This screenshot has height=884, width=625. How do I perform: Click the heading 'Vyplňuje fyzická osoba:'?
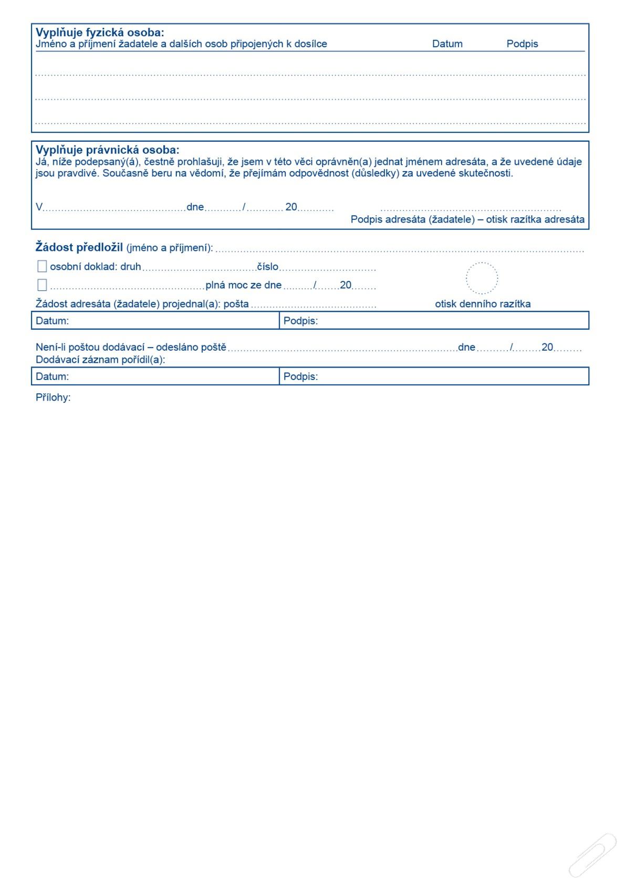pos(100,33)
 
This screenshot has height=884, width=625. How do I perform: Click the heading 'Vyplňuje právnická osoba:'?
pos(107,150)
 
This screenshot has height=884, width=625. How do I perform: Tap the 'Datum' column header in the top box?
pos(447,44)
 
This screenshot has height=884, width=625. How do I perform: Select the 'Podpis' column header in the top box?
pos(522,44)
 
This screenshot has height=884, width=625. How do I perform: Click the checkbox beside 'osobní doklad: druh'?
pos(42,267)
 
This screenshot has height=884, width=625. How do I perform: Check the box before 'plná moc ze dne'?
pos(42,285)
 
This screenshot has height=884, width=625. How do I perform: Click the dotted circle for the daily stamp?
pos(482,278)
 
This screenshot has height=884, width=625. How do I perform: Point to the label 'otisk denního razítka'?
pos(483,304)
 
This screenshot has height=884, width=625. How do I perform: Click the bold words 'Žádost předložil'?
pos(79,247)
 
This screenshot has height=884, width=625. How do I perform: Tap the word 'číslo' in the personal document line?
pos(267,267)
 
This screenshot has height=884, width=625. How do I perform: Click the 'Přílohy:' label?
pos(53,397)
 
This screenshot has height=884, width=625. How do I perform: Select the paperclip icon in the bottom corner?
pos(592,856)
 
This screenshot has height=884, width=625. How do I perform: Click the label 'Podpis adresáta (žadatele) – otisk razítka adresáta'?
pos(467,219)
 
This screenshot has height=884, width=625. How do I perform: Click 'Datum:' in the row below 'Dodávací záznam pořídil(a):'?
pos(52,376)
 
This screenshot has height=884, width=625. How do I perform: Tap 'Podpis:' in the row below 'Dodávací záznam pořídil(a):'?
pos(300,376)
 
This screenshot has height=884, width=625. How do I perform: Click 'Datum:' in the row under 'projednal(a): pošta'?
pos(52,321)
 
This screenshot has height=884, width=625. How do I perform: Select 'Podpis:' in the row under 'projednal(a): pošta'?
pos(300,321)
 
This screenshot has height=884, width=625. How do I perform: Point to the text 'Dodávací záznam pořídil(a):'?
pos(100,360)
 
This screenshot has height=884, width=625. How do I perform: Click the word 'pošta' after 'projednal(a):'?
pos(236,304)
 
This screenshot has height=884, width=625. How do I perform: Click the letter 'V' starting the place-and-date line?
pos(39,207)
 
